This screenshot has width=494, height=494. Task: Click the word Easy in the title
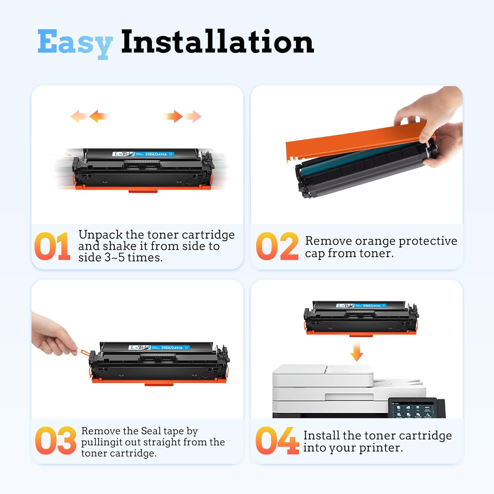(x=75, y=43)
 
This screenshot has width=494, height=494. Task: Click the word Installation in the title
(x=217, y=42)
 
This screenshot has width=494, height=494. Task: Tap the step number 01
(x=52, y=246)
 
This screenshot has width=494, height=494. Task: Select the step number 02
(x=277, y=246)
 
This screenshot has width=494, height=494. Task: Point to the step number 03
(x=55, y=441)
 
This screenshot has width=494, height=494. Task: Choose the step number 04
(x=277, y=441)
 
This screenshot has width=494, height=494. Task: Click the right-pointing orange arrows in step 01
(x=182, y=116)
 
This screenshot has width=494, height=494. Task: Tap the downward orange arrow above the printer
(x=357, y=352)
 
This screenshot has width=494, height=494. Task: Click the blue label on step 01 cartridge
(x=143, y=154)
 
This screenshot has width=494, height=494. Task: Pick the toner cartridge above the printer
(x=361, y=318)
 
